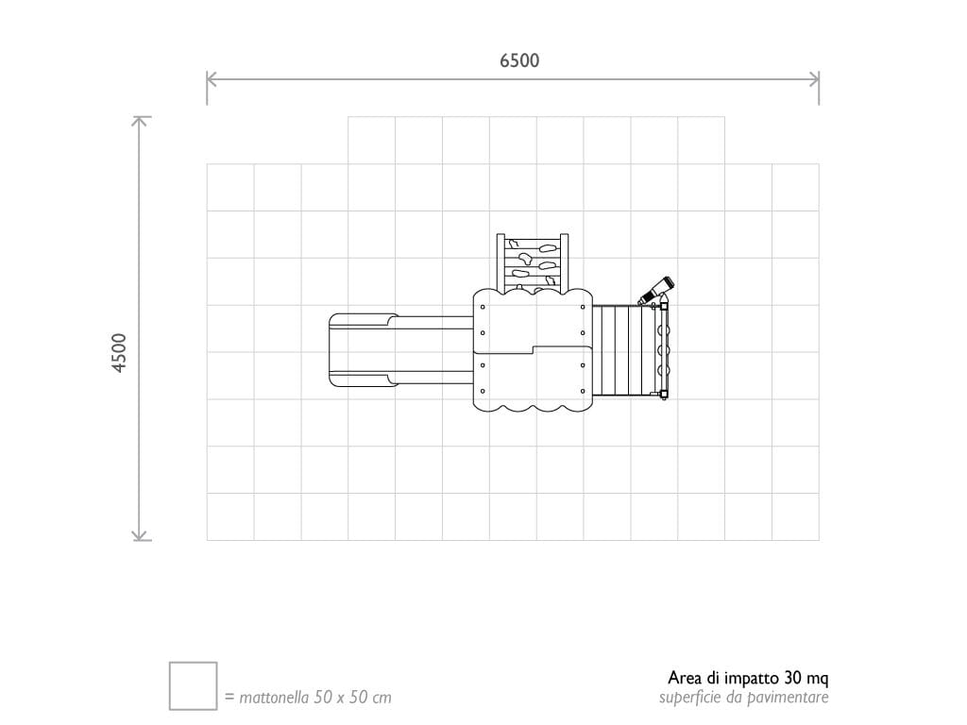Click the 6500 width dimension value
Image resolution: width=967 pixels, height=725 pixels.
point(519,60)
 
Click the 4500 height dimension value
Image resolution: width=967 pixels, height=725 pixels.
point(119,352)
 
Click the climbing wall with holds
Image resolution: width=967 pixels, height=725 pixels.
point(534,261)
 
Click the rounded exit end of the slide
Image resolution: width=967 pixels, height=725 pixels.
point(340,350)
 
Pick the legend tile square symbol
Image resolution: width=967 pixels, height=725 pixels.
point(193,685)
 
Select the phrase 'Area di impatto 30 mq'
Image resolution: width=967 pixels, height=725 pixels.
point(748,678)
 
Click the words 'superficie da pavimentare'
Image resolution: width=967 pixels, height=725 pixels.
point(743,698)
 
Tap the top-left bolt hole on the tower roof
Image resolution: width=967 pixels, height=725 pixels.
point(483,308)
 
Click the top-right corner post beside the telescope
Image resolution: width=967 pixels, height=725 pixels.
point(664,305)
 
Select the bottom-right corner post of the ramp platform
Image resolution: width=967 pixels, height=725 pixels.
point(664,395)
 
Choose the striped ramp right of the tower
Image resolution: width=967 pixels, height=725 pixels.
point(619,349)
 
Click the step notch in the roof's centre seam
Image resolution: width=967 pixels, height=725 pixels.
point(534,349)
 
